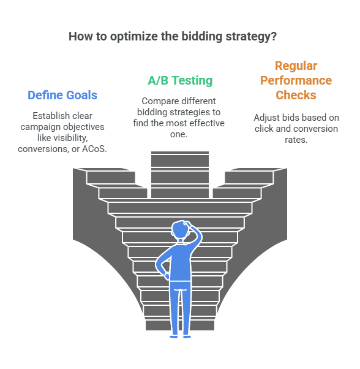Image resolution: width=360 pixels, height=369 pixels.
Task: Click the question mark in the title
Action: pos(274,37)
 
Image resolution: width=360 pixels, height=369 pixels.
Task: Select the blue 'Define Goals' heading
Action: pos(62,95)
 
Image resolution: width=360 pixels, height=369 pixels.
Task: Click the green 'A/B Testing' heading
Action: pos(180,80)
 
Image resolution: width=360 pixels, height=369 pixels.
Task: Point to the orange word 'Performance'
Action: pos(296,80)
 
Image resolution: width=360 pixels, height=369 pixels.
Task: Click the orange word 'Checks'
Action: pos(296,95)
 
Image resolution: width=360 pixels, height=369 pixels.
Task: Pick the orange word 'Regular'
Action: pos(296,66)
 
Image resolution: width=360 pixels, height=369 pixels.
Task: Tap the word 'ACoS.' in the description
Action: pos(94,149)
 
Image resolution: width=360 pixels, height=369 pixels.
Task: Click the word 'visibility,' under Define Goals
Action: pos(70,138)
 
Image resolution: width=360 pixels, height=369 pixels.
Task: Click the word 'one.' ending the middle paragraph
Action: pos(179,134)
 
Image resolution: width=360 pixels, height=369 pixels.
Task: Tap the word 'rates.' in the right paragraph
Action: pos(296,140)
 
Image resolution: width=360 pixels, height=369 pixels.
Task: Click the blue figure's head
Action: pos(181,229)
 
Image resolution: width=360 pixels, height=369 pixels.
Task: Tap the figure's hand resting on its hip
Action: pos(167,276)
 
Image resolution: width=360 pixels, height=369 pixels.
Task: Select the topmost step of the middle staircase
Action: pos(180,153)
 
